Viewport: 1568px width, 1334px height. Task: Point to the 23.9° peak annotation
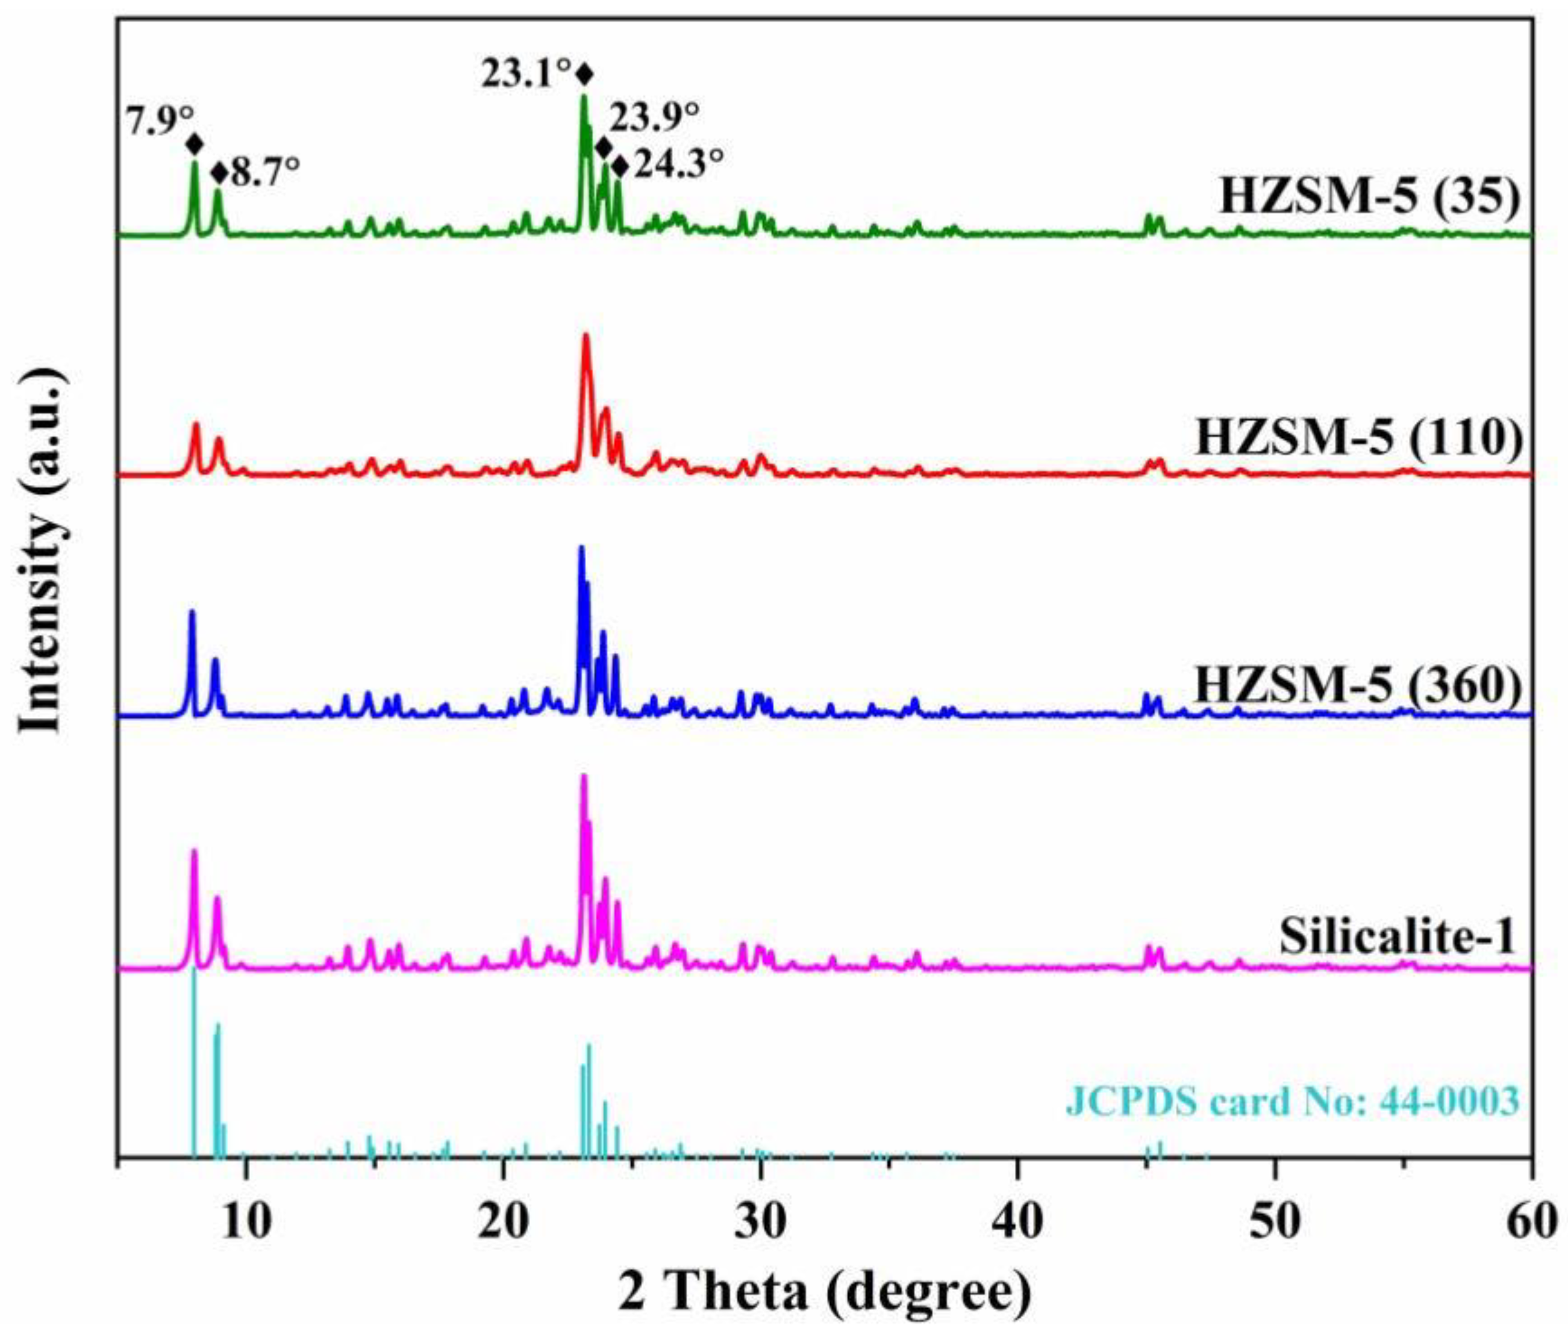(654, 119)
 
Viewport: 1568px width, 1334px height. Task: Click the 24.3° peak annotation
(678, 164)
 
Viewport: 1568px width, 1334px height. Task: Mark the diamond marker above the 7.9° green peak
(195, 144)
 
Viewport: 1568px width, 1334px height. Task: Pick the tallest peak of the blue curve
(581, 547)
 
